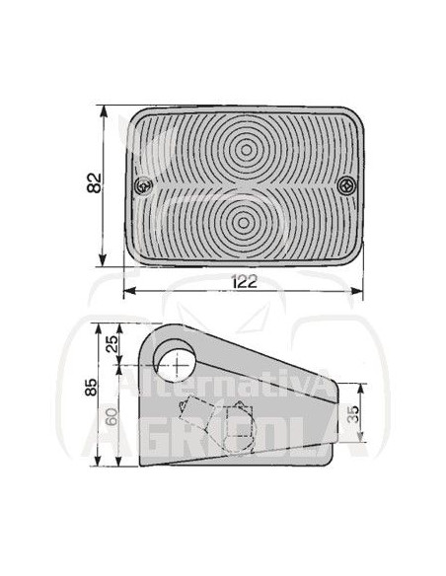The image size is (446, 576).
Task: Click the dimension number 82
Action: [x=94, y=182]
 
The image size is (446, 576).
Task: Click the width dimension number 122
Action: [x=245, y=282]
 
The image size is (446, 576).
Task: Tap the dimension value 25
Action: [x=113, y=344]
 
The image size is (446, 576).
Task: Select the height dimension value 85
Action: [x=91, y=388]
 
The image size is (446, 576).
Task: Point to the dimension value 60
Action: [x=111, y=417]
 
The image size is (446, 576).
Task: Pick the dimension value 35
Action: [x=352, y=414]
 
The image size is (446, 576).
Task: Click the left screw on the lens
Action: [x=143, y=185]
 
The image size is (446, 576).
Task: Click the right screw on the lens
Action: [x=346, y=185]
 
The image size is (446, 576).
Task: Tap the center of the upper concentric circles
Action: [x=246, y=150]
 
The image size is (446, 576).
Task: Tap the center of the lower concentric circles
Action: [x=243, y=222]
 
